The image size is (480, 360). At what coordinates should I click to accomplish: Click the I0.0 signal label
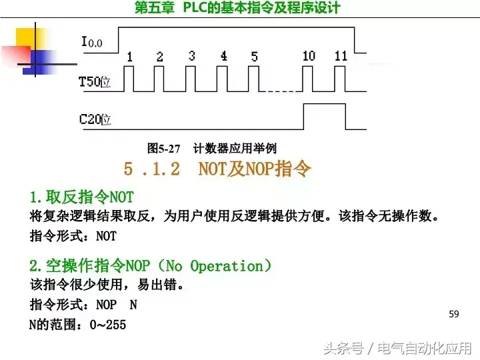[92, 43]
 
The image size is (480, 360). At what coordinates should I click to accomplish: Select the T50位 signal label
[95, 82]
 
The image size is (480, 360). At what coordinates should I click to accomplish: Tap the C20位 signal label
[95, 120]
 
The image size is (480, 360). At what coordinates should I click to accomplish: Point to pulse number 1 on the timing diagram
[129, 57]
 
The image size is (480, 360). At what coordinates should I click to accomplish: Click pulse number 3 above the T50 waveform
[191, 56]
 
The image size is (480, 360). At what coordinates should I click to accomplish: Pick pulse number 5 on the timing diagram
[254, 57]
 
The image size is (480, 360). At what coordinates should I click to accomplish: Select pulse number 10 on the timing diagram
[308, 57]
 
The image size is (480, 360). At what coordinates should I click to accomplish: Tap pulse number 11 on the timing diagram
[341, 56]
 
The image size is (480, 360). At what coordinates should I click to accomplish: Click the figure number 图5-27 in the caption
[164, 148]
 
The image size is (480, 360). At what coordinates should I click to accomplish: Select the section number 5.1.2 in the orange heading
[152, 169]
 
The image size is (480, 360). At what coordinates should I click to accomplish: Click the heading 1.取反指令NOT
[81, 197]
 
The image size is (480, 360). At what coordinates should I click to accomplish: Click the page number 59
[455, 314]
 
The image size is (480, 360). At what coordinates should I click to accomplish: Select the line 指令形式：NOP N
[83, 305]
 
